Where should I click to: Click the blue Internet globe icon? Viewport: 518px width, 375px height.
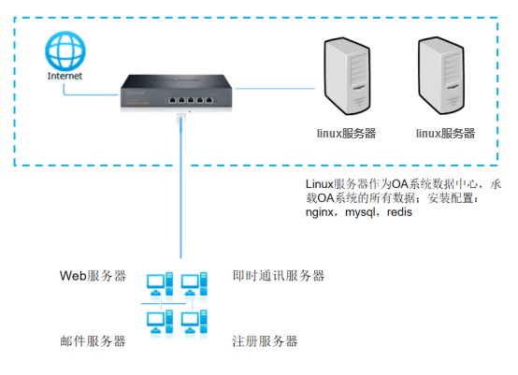pos(65,51)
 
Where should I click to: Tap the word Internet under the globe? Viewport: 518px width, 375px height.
pos(65,76)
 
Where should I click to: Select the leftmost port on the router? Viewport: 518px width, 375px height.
pos(172,100)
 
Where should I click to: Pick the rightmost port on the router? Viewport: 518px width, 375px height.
pos(209,100)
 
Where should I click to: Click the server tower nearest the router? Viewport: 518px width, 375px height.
pos(347,76)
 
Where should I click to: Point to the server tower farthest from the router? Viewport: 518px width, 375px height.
pos(441,76)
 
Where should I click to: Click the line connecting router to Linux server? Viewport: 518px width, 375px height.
pos(275,89)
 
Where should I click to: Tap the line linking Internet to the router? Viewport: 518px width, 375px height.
pos(89,94)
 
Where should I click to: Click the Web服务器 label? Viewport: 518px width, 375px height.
pos(93,276)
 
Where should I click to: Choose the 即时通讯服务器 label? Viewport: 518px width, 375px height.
pos(278,276)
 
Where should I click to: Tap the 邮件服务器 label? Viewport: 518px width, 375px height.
pos(93,341)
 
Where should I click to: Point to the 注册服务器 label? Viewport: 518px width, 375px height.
pos(265,341)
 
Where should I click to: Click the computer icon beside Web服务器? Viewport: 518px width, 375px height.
pos(160,283)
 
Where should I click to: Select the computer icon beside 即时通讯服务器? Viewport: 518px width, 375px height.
pos(194,283)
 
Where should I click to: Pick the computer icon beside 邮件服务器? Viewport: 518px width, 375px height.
pos(160,322)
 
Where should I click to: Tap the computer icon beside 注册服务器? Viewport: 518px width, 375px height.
pos(194,322)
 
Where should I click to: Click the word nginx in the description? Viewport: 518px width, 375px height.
pos(320,212)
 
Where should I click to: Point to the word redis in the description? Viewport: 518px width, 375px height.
pos(399,211)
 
